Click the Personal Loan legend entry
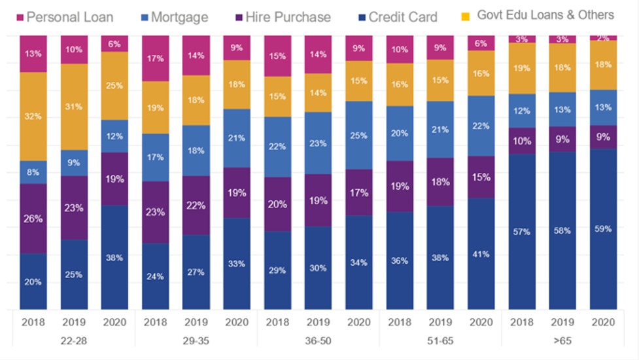pyautogui.click(x=63, y=17)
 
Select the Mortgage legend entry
pyautogui.click(x=174, y=17)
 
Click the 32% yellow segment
pyautogui.click(x=33, y=117)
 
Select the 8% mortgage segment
pyautogui.click(x=33, y=172)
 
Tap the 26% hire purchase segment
pyautogui.click(x=33, y=219)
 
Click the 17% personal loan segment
pyautogui.click(x=156, y=58)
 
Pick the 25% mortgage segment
pyautogui.click(x=358, y=135)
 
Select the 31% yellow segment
pyautogui.click(x=74, y=107)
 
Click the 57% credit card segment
pyautogui.click(x=521, y=232)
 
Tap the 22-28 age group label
pyautogui.click(x=74, y=342)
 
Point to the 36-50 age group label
pyautogui.click(x=318, y=342)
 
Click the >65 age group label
pyautogui.click(x=562, y=342)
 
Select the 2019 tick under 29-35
pyautogui.click(x=196, y=323)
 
